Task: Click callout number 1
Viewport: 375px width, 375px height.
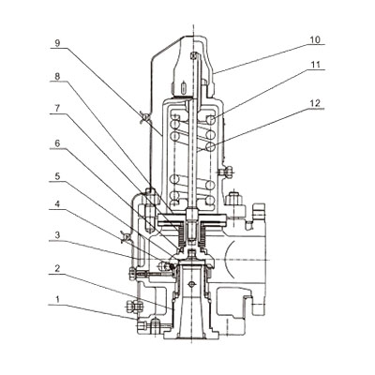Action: (57, 300)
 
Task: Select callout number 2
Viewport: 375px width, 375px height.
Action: (57, 268)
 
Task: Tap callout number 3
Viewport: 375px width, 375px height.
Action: (57, 235)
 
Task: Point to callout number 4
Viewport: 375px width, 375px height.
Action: (57, 204)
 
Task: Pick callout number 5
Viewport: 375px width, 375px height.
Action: (57, 176)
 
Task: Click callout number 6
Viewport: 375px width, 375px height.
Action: (57, 143)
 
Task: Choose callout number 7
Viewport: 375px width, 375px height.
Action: (57, 109)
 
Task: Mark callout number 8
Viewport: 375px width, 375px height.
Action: (57, 76)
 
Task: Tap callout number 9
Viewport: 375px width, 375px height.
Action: (57, 43)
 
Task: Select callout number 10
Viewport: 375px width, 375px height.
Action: (315, 40)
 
